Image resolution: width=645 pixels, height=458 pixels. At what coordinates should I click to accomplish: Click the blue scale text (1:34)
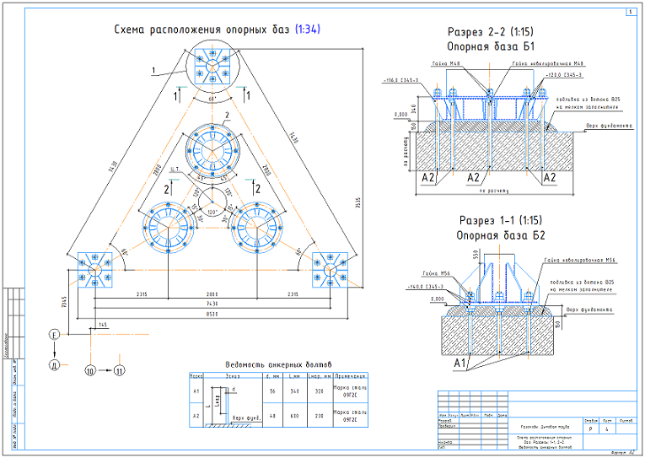(x=308, y=30)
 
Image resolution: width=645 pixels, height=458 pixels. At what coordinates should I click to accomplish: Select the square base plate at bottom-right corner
(x=329, y=267)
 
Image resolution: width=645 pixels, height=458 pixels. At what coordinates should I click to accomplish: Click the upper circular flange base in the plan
(x=212, y=148)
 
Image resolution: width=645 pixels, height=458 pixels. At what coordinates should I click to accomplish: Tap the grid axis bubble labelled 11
(x=120, y=369)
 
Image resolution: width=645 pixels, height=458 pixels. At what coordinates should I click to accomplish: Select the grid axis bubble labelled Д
(x=54, y=364)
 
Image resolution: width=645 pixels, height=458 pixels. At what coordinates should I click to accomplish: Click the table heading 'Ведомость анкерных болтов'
(x=280, y=364)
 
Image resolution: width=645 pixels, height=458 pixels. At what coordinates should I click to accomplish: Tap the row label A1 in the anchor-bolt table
(x=196, y=392)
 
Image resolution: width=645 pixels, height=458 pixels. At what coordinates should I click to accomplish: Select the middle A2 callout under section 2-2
(x=473, y=178)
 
